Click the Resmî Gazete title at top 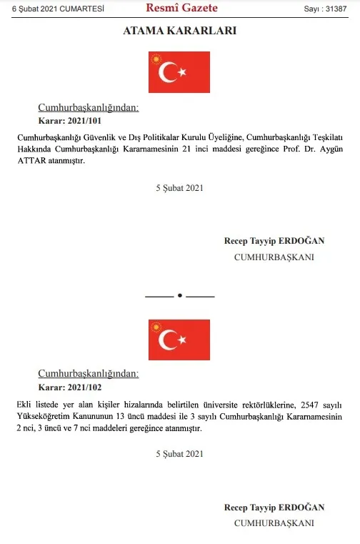point(181,9)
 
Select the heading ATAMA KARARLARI point(180,31)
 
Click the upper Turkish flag point(179,71)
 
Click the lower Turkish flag point(179,340)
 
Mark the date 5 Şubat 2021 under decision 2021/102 point(180,454)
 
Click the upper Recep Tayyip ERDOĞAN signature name point(274,241)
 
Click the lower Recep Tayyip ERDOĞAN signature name point(274,507)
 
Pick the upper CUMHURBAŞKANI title point(274,257)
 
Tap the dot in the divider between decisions point(180,295)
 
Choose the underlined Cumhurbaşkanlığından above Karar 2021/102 point(88,374)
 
